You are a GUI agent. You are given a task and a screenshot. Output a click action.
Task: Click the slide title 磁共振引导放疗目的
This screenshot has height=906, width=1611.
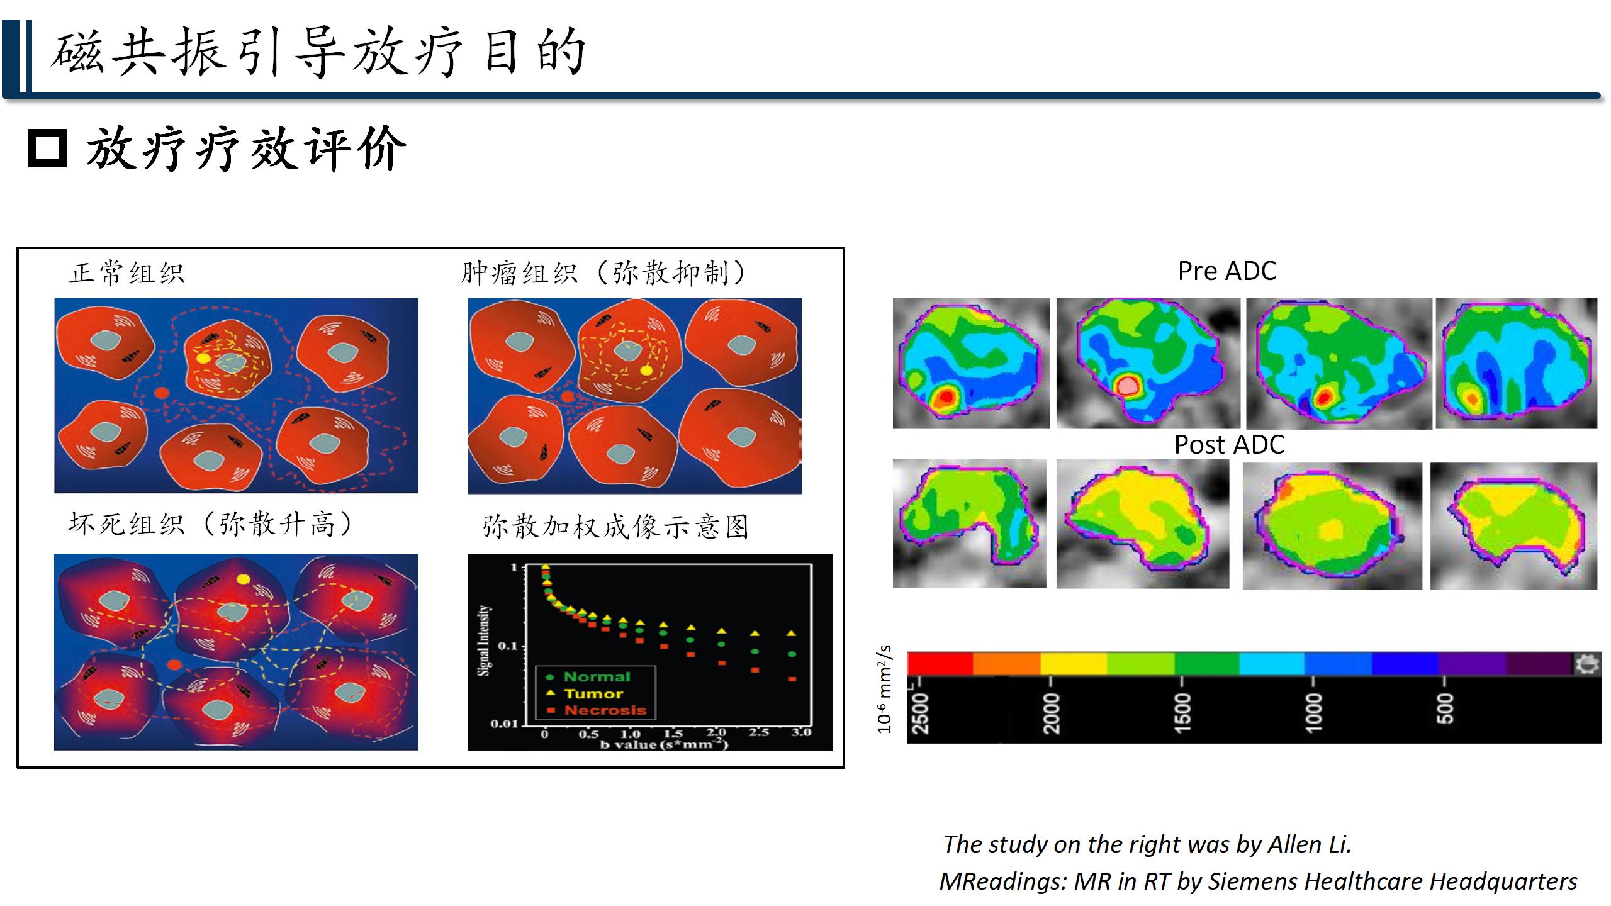coord(318,53)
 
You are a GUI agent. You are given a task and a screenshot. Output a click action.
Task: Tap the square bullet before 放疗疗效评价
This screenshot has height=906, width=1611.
coord(47,148)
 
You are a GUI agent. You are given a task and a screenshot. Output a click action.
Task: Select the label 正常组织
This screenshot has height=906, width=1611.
coord(126,273)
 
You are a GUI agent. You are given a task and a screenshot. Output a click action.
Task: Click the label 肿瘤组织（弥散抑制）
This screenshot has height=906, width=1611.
coord(603,273)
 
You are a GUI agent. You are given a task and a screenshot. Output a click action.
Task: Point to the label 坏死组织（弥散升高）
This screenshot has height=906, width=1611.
coord(210,524)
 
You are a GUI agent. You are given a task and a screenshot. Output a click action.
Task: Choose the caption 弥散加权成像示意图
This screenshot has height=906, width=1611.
coord(615,527)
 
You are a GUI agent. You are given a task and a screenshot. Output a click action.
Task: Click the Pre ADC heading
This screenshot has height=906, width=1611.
coord(1226,271)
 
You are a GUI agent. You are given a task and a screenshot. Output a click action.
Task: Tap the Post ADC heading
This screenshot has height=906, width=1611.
coord(1228,445)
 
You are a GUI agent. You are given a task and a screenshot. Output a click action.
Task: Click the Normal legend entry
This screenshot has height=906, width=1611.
coord(590,677)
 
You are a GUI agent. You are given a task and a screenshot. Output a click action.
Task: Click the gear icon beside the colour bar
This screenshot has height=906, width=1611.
coord(1586,664)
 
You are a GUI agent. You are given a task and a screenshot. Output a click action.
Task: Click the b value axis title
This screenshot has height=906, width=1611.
coord(664,744)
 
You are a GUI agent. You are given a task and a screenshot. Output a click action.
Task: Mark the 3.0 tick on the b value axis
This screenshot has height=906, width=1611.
coord(801,732)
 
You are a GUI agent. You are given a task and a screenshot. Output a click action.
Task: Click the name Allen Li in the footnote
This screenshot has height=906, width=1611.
coord(1309,844)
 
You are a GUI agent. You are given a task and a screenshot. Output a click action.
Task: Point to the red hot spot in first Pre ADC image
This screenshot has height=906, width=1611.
coord(945,397)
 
